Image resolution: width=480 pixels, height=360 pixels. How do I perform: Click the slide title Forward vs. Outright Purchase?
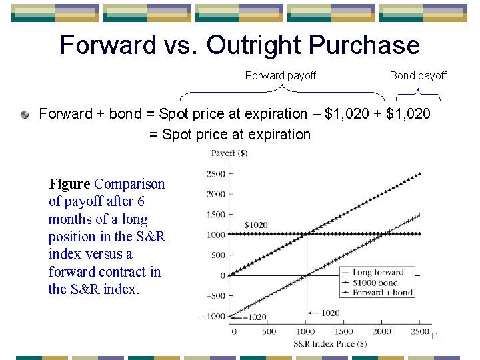(x=239, y=45)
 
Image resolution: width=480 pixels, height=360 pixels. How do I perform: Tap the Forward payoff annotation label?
(x=280, y=76)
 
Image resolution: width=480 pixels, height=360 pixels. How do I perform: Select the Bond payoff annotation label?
(x=418, y=76)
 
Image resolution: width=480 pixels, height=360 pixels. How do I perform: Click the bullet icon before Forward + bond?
(x=25, y=115)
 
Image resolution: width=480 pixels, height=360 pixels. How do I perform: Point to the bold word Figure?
(x=69, y=184)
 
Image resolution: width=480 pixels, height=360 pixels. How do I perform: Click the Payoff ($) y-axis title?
(x=229, y=153)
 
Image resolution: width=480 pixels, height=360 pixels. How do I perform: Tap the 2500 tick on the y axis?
(x=216, y=173)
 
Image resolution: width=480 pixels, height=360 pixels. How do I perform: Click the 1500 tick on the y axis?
(x=216, y=214)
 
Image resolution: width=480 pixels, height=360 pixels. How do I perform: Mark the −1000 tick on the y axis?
(x=214, y=316)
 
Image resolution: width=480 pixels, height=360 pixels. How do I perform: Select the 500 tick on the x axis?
(x=269, y=331)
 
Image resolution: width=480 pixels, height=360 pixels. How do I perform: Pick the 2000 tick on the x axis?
(x=382, y=331)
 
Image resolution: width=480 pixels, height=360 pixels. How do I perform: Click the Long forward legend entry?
(x=377, y=272)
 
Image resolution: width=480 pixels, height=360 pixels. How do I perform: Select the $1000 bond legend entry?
(x=377, y=282)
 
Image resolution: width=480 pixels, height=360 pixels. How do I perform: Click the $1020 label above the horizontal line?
(x=256, y=225)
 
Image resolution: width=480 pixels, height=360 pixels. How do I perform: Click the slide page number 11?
(x=435, y=336)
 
